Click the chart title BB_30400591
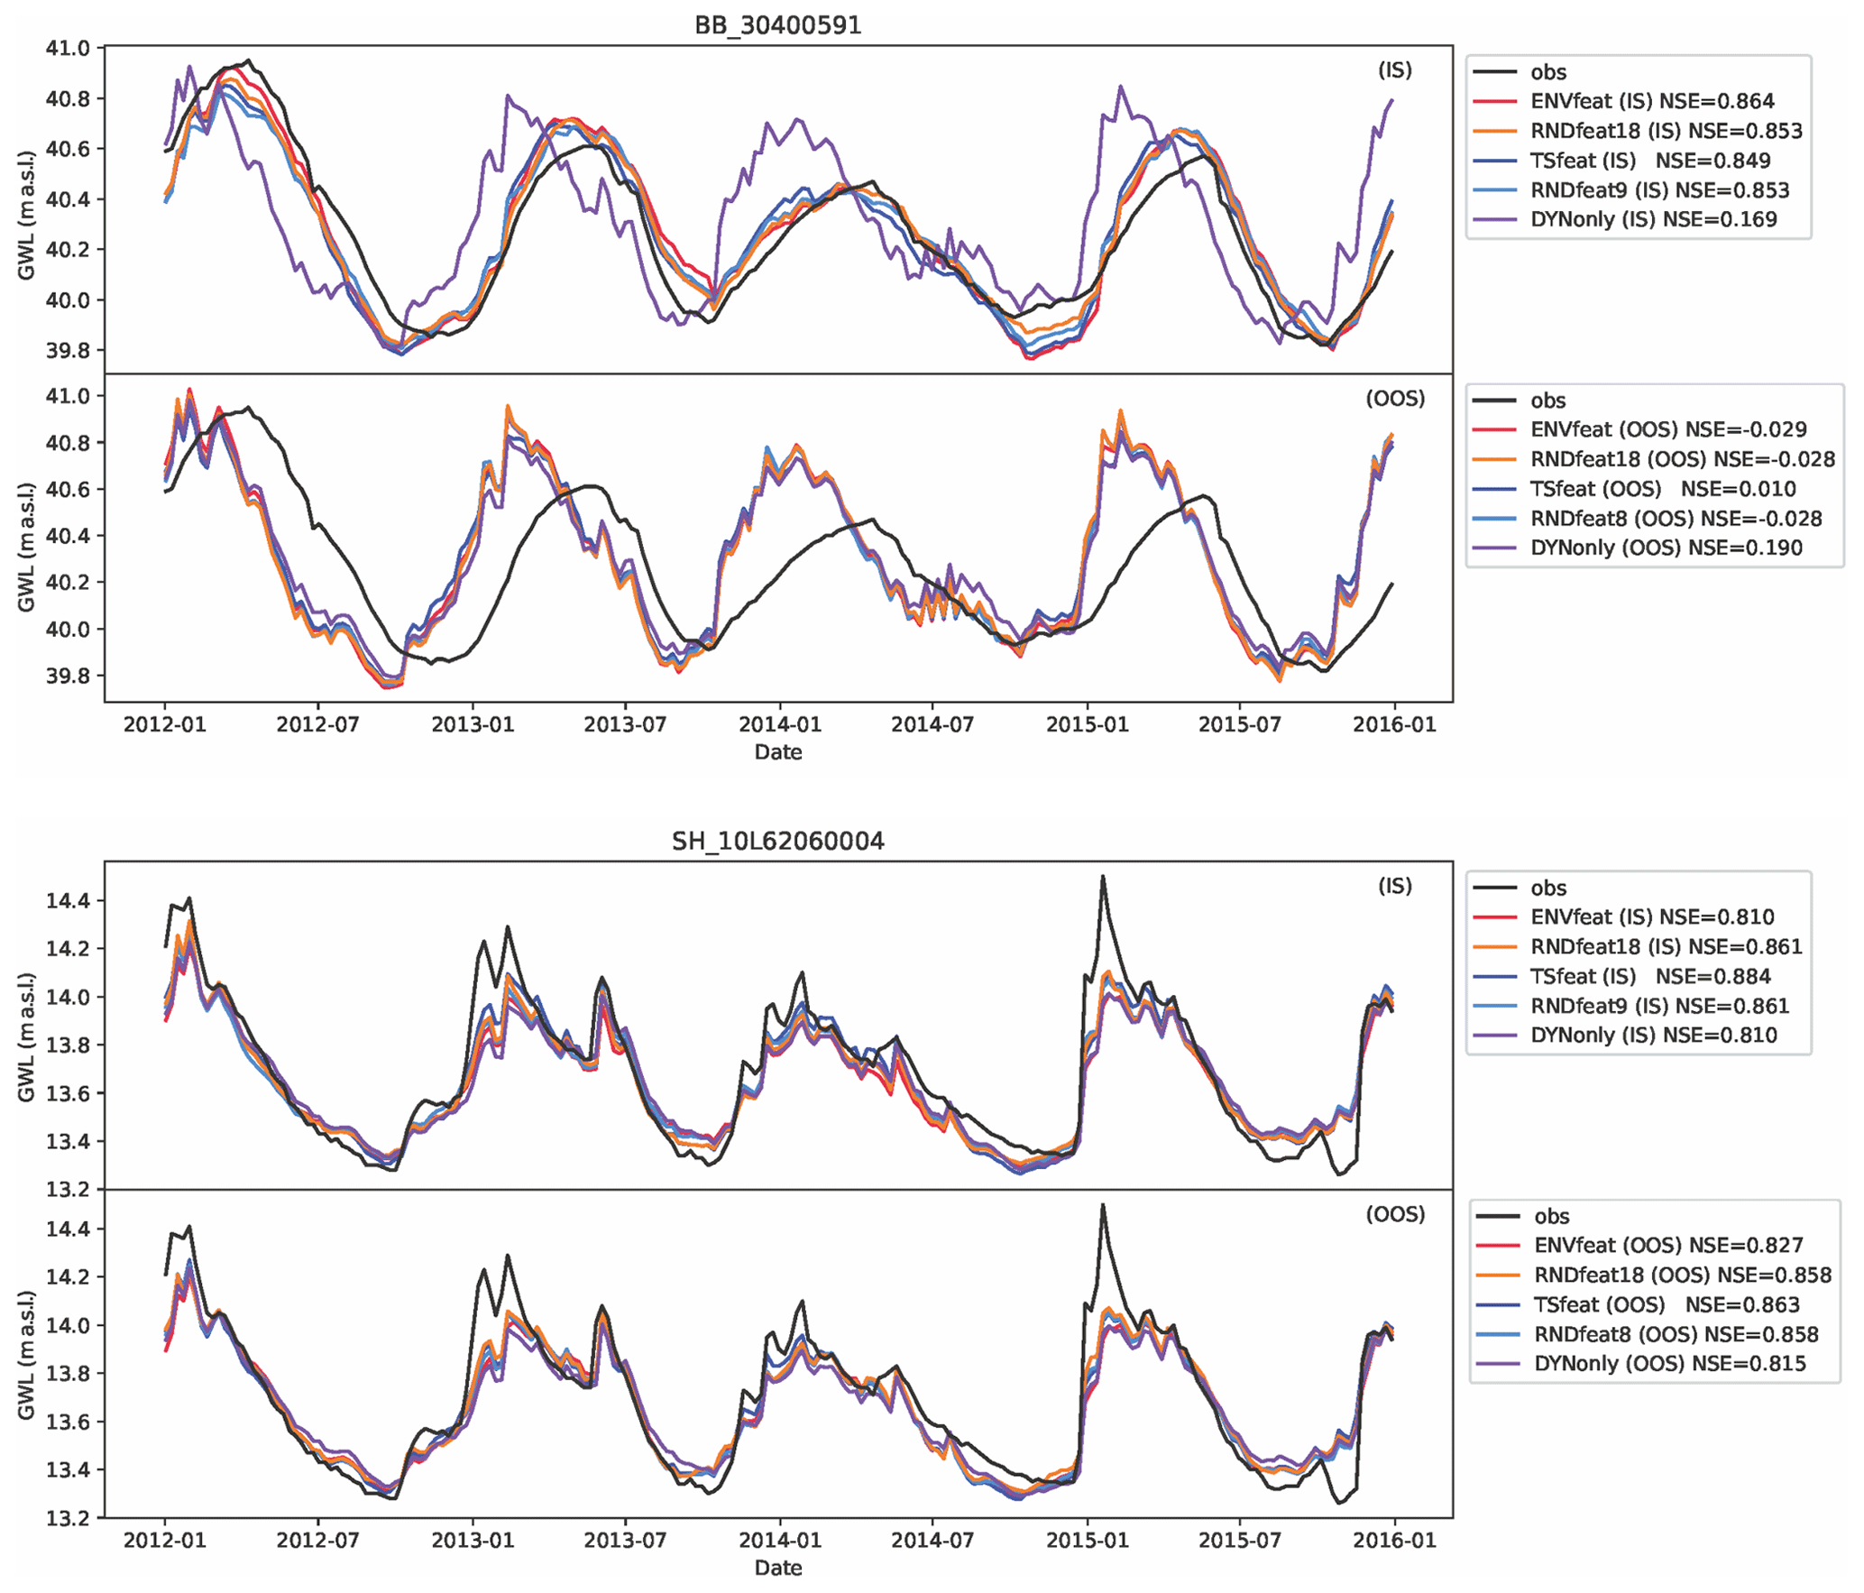pos(777,24)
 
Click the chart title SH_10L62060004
pos(777,841)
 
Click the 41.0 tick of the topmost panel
pos(69,48)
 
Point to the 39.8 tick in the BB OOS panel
pos(69,676)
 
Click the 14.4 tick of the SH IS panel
pos(69,900)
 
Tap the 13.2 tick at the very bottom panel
pos(69,1518)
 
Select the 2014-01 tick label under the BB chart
pos(780,724)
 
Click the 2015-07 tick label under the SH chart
pos(1239,1540)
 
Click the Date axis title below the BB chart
pos(777,752)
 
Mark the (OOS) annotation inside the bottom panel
pos(1395,1214)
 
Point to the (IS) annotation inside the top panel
pos(1394,70)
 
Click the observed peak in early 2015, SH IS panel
pos(1102,877)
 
